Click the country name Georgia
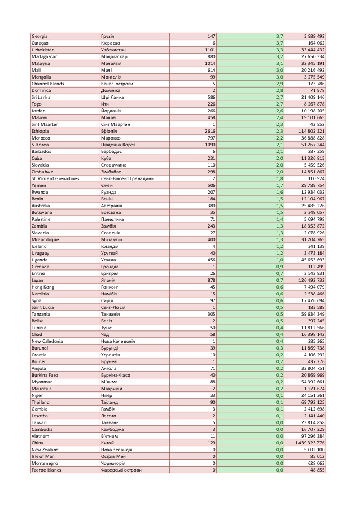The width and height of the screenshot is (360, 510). point(39,36)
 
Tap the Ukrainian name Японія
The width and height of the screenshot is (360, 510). point(108,280)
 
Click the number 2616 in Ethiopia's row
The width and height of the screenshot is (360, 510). point(209,131)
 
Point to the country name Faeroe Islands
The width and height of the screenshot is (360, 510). point(47,470)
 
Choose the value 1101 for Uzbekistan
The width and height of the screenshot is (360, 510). point(209,50)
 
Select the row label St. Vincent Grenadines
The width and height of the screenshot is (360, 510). point(55,178)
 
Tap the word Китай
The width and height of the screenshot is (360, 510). point(107,443)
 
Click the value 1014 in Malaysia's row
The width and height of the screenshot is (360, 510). point(209,63)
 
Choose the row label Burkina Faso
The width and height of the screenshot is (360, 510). point(45,375)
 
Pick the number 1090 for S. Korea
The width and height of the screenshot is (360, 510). point(209,145)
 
